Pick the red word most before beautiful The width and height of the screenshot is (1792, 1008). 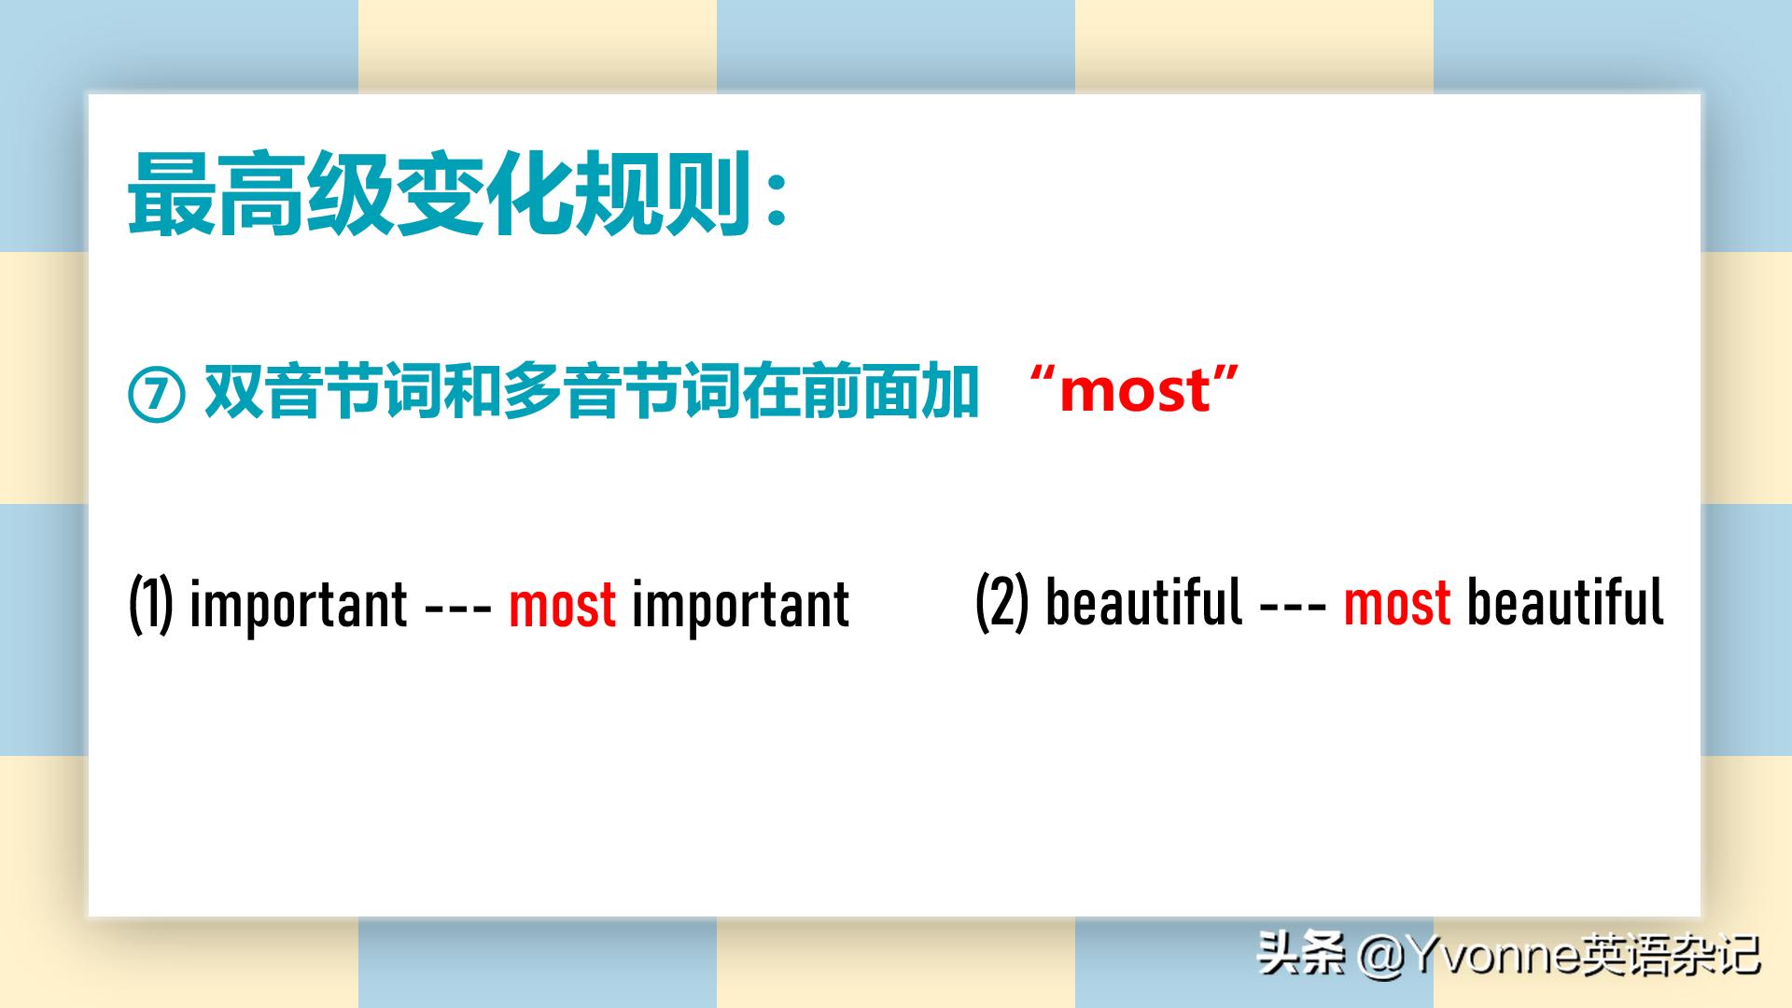point(1397,601)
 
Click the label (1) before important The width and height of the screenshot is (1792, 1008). point(151,605)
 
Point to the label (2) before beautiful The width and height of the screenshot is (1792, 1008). point(1002,602)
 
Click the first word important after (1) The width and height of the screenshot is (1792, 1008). point(299,607)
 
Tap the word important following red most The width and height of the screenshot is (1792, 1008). point(741,607)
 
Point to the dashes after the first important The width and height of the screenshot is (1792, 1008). point(458,607)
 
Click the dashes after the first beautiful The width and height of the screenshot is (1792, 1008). point(1294,605)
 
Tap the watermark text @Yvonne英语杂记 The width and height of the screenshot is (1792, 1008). point(1560,954)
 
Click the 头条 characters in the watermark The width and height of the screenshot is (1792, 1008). point(1302,954)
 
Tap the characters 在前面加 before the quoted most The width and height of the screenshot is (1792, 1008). point(860,391)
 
